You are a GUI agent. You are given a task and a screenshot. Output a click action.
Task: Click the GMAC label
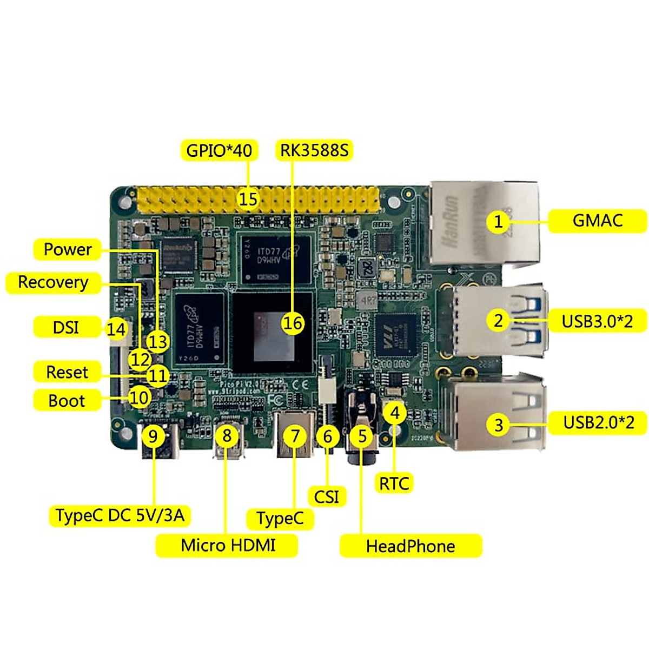coord(597,221)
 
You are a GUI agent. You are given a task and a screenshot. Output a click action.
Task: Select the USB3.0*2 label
coord(597,321)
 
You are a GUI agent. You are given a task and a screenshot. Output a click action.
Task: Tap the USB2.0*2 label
coord(598,422)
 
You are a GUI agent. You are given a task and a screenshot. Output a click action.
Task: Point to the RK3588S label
coord(314,150)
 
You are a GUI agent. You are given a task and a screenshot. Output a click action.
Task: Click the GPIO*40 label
coord(219,150)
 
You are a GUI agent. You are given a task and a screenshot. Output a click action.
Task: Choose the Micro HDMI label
coord(228,545)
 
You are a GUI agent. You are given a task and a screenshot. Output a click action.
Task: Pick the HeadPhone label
coord(410,546)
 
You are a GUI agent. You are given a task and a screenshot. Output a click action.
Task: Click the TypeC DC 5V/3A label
coord(120,515)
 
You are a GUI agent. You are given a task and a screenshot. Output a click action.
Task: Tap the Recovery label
coord(53,282)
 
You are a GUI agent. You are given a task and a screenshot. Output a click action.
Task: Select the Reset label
coord(67,372)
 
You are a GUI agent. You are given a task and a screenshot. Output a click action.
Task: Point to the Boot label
coord(67,401)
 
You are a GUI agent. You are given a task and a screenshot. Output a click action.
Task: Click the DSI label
coord(65,327)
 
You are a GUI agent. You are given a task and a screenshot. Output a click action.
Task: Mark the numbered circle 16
coord(293,323)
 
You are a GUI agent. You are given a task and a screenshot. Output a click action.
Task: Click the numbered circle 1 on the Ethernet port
coord(498,221)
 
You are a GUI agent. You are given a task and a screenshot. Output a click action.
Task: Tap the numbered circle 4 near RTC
coord(395,413)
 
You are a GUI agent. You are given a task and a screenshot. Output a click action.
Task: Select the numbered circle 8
coord(227,435)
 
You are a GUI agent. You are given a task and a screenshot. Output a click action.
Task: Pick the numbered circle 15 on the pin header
coord(248,199)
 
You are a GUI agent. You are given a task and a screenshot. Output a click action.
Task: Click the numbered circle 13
coord(158,342)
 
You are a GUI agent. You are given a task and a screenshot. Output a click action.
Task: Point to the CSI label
coord(327,496)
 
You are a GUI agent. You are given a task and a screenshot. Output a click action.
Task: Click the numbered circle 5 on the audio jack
coord(362,436)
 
